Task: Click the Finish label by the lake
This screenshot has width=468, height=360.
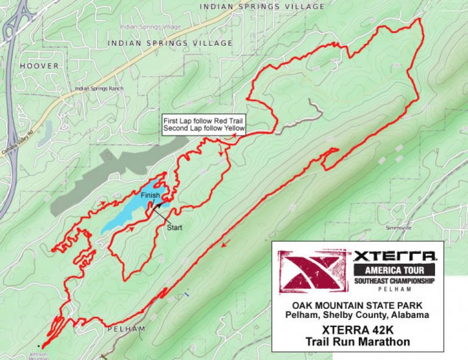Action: coord(150,196)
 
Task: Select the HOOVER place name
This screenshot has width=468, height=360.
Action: coord(39,66)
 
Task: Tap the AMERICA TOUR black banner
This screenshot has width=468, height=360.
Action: coord(395,270)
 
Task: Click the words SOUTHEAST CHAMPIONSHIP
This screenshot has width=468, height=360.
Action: coord(395,281)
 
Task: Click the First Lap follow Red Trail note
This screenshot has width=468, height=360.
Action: coord(204,121)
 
